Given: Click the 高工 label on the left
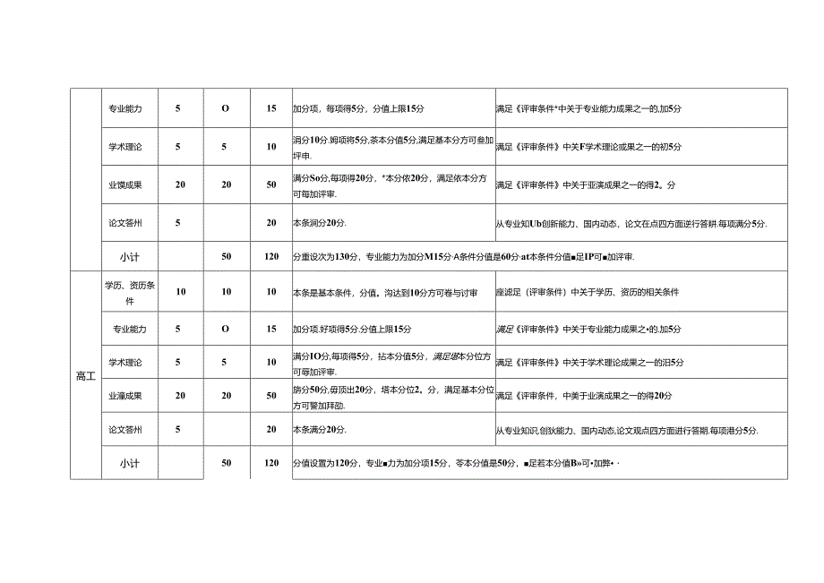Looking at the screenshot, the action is click(x=86, y=377).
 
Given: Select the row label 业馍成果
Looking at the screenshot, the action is click(x=125, y=184).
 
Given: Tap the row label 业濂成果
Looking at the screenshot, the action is click(x=125, y=395).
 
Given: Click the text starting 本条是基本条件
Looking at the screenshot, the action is click(x=384, y=293).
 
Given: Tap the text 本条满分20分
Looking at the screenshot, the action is click(x=320, y=430).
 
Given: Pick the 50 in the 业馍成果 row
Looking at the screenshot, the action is click(x=270, y=184).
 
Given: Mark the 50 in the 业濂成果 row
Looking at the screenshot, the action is click(x=270, y=395).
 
